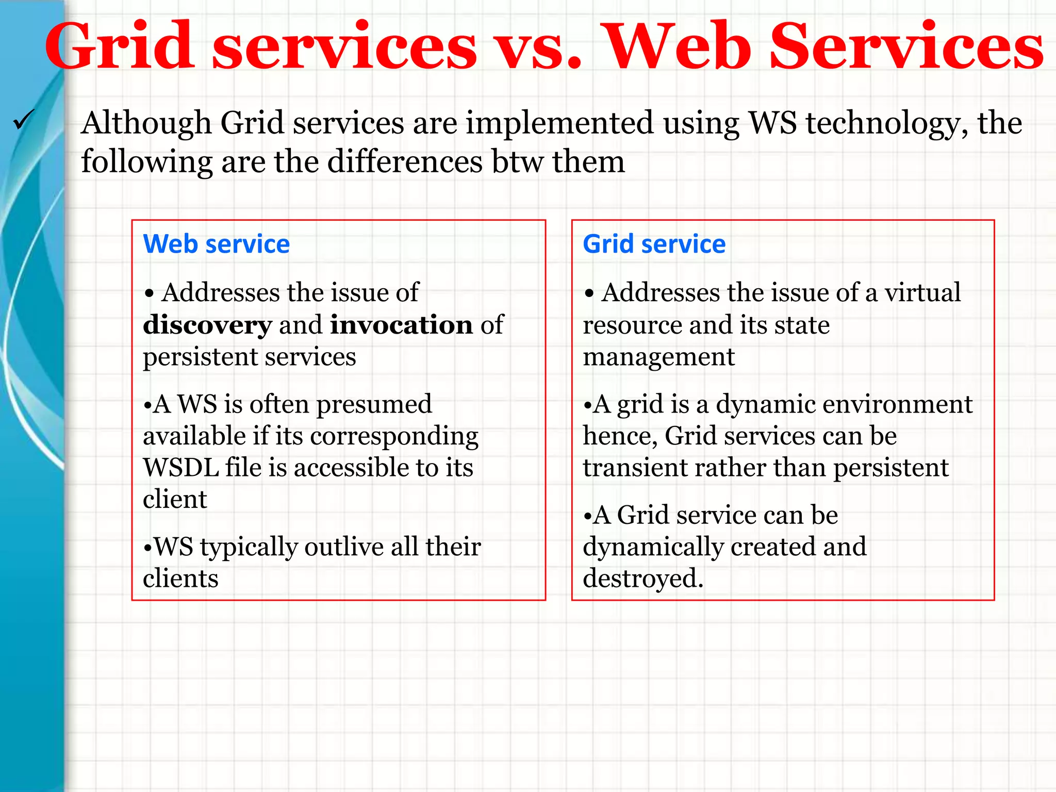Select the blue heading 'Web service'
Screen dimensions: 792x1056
click(x=216, y=244)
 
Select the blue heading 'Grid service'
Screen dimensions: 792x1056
click(x=654, y=244)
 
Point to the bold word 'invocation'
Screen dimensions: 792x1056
click(x=401, y=325)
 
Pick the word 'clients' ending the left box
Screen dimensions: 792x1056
click(x=180, y=579)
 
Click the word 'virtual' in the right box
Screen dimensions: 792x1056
click(x=922, y=293)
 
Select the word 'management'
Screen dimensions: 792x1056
click(x=658, y=357)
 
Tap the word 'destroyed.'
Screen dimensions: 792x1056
click(x=642, y=579)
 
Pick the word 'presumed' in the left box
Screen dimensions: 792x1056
click(x=374, y=404)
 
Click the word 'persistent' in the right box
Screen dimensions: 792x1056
click(x=890, y=468)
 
